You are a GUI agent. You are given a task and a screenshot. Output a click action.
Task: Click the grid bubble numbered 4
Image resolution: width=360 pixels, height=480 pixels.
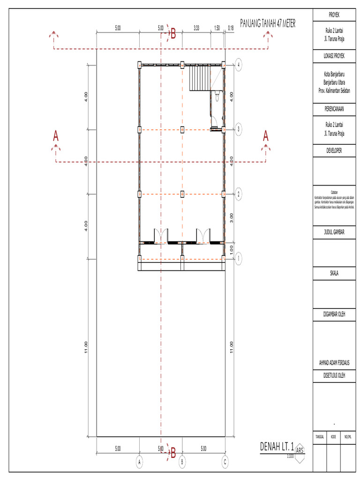click(x=239, y=65)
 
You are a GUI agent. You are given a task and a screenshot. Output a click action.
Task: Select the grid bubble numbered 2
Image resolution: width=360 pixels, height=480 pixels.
click(x=239, y=194)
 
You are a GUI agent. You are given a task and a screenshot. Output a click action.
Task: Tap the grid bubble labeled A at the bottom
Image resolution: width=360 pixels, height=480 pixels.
click(x=139, y=462)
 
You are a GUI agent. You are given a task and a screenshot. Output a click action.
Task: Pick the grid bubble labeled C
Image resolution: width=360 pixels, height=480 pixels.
click(x=225, y=462)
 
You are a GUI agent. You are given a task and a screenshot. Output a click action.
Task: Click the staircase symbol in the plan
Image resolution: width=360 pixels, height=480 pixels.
click(x=200, y=78)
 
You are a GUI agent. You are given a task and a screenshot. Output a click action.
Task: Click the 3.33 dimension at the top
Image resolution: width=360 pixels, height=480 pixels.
click(x=196, y=28)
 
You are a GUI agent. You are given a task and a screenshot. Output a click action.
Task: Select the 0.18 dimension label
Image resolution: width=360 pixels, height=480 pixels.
click(x=230, y=28)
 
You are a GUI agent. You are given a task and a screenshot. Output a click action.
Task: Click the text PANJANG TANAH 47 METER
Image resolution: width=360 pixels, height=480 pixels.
click(x=268, y=24)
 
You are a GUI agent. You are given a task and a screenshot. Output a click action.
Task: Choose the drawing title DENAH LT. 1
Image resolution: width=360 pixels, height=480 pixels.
click(x=277, y=446)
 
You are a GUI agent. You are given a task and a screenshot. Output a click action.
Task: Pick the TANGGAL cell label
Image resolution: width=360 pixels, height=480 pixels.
click(x=320, y=436)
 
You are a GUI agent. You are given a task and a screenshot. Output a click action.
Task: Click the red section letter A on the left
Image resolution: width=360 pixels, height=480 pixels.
click(x=56, y=136)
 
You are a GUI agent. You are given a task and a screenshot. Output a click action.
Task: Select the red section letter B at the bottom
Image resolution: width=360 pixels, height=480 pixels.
click(x=173, y=453)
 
